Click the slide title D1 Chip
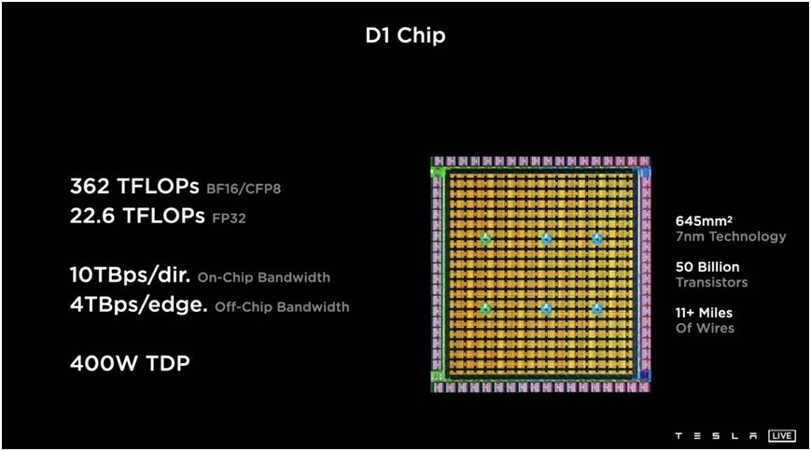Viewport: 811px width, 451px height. [405, 35]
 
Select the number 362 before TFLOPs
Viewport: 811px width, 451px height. [90, 186]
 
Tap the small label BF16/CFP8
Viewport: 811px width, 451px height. [244, 189]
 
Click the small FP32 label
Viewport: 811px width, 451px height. [230, 218]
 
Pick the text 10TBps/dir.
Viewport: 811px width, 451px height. [131, 275]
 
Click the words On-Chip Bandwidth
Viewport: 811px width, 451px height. [264, 277]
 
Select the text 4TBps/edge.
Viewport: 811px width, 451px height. [139, 304]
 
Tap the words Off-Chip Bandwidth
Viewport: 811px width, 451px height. [282, 307]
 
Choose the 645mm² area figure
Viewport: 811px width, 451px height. [704, 221]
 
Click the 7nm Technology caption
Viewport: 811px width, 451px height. [731, 237]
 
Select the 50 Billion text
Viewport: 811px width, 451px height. [707, 267]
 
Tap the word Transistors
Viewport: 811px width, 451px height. [712, 282]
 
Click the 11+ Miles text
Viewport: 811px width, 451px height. [704, 313]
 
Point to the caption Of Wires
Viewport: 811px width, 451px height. [705, 328]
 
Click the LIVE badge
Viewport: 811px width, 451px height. [781, 435]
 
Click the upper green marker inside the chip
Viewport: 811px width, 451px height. [485, 239]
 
